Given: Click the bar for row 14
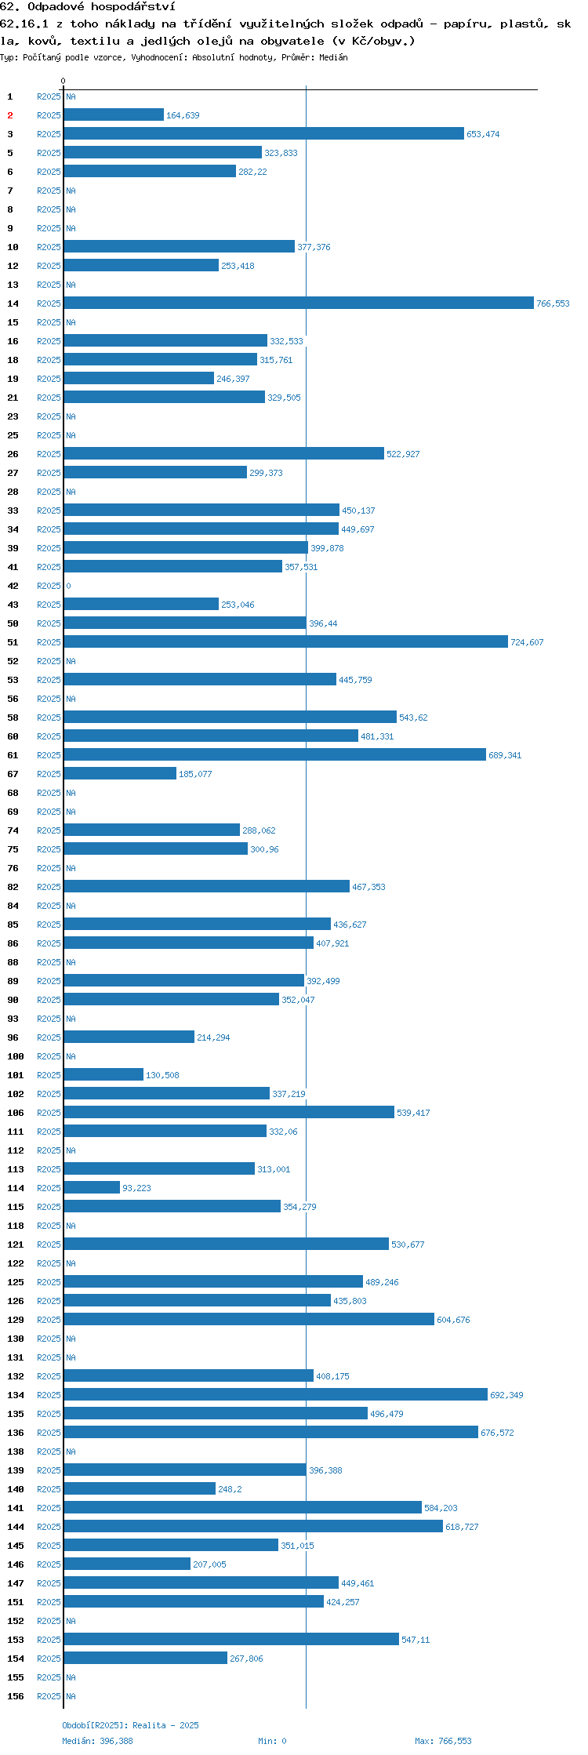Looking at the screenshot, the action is [x=299, y=303].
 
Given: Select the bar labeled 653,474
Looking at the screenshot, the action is [x=264, y=134].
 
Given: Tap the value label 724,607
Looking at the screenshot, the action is [x=527, y=642].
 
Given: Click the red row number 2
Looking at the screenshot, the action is [x=10, y=115].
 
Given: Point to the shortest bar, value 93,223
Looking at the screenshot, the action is [x=92, y=1188].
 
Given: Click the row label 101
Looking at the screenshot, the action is [x=15, y=1075].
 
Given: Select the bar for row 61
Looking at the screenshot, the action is [x=275, y=755].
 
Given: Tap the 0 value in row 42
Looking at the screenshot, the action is [x=68, y=586].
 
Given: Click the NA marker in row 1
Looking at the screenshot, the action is [x=71, y=96].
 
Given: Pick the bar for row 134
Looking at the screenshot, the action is [x=276, y=1395].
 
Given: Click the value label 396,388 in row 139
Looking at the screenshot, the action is [x=325, y=1470].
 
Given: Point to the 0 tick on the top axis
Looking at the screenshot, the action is [x=64, y=81].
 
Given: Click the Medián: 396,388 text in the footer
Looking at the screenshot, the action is [x=97, y=1741].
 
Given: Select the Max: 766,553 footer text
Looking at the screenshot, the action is [x=443, y=1741].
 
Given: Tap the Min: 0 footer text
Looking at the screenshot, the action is [x=272, y=1741].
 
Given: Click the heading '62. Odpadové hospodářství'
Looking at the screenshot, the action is [x=88, y=7].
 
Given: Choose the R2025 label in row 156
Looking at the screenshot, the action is [x=49, y=1696].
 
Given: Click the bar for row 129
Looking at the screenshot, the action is [x=249, y=1320].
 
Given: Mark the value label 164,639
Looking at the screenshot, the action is [x=183, y=115].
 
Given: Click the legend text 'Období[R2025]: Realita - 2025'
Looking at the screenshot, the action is [x=130, y=1725].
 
